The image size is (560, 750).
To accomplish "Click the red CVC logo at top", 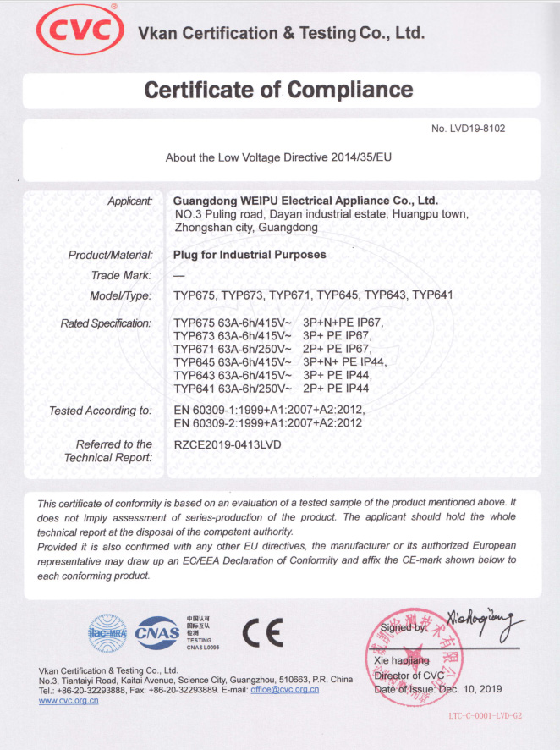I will coord(79,32).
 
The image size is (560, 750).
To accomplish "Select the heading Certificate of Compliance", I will coord(279,90).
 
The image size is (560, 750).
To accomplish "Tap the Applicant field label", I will coord(129,201).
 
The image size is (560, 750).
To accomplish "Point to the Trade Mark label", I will coord(121,275).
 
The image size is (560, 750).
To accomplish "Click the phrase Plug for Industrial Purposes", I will coord(250,255).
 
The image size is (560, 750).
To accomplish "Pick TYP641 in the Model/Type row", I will coord(434,295).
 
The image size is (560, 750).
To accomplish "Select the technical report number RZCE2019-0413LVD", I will coord(227,444).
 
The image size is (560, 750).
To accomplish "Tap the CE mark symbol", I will coord(262,632).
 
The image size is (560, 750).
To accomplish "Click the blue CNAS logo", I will coord(157,632).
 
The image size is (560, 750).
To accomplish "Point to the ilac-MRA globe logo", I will coord(107,632).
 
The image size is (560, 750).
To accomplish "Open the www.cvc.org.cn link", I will coord(69,702).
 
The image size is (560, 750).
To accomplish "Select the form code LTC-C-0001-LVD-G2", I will coord(486,716).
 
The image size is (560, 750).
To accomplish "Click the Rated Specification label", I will coord(106,323).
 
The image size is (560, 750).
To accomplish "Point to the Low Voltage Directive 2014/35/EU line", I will coord(278,157).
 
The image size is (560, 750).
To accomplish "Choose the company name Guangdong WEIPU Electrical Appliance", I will coord(305,201).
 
